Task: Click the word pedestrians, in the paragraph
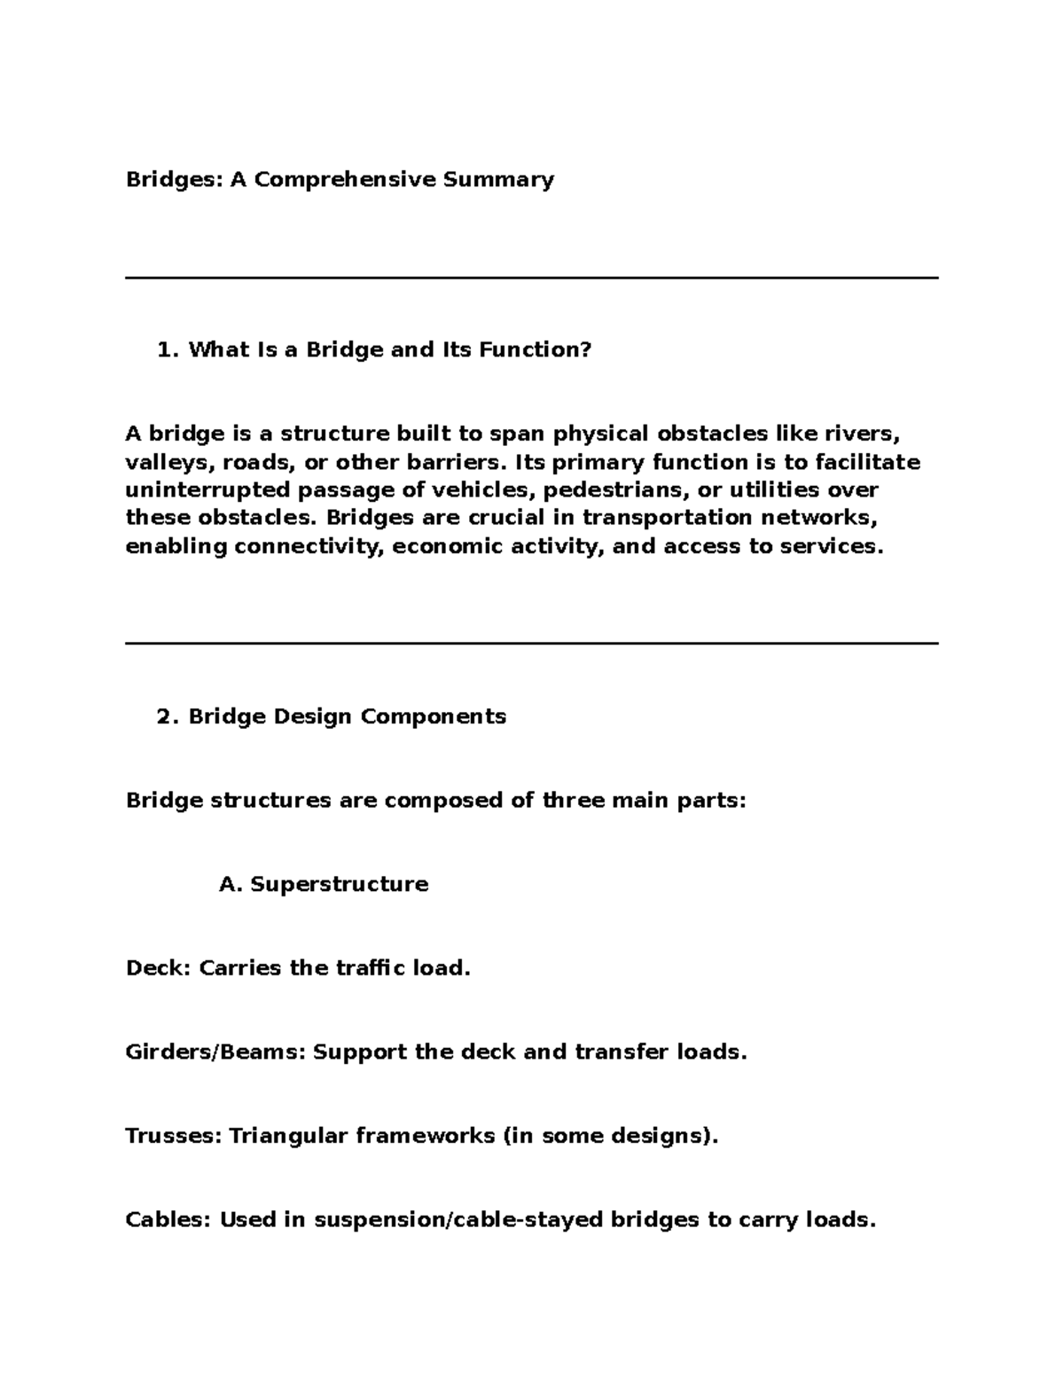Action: (x=616, y=490)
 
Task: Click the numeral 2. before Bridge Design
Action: (x=168, y=716)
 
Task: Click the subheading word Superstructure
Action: (x=339, y=885)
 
